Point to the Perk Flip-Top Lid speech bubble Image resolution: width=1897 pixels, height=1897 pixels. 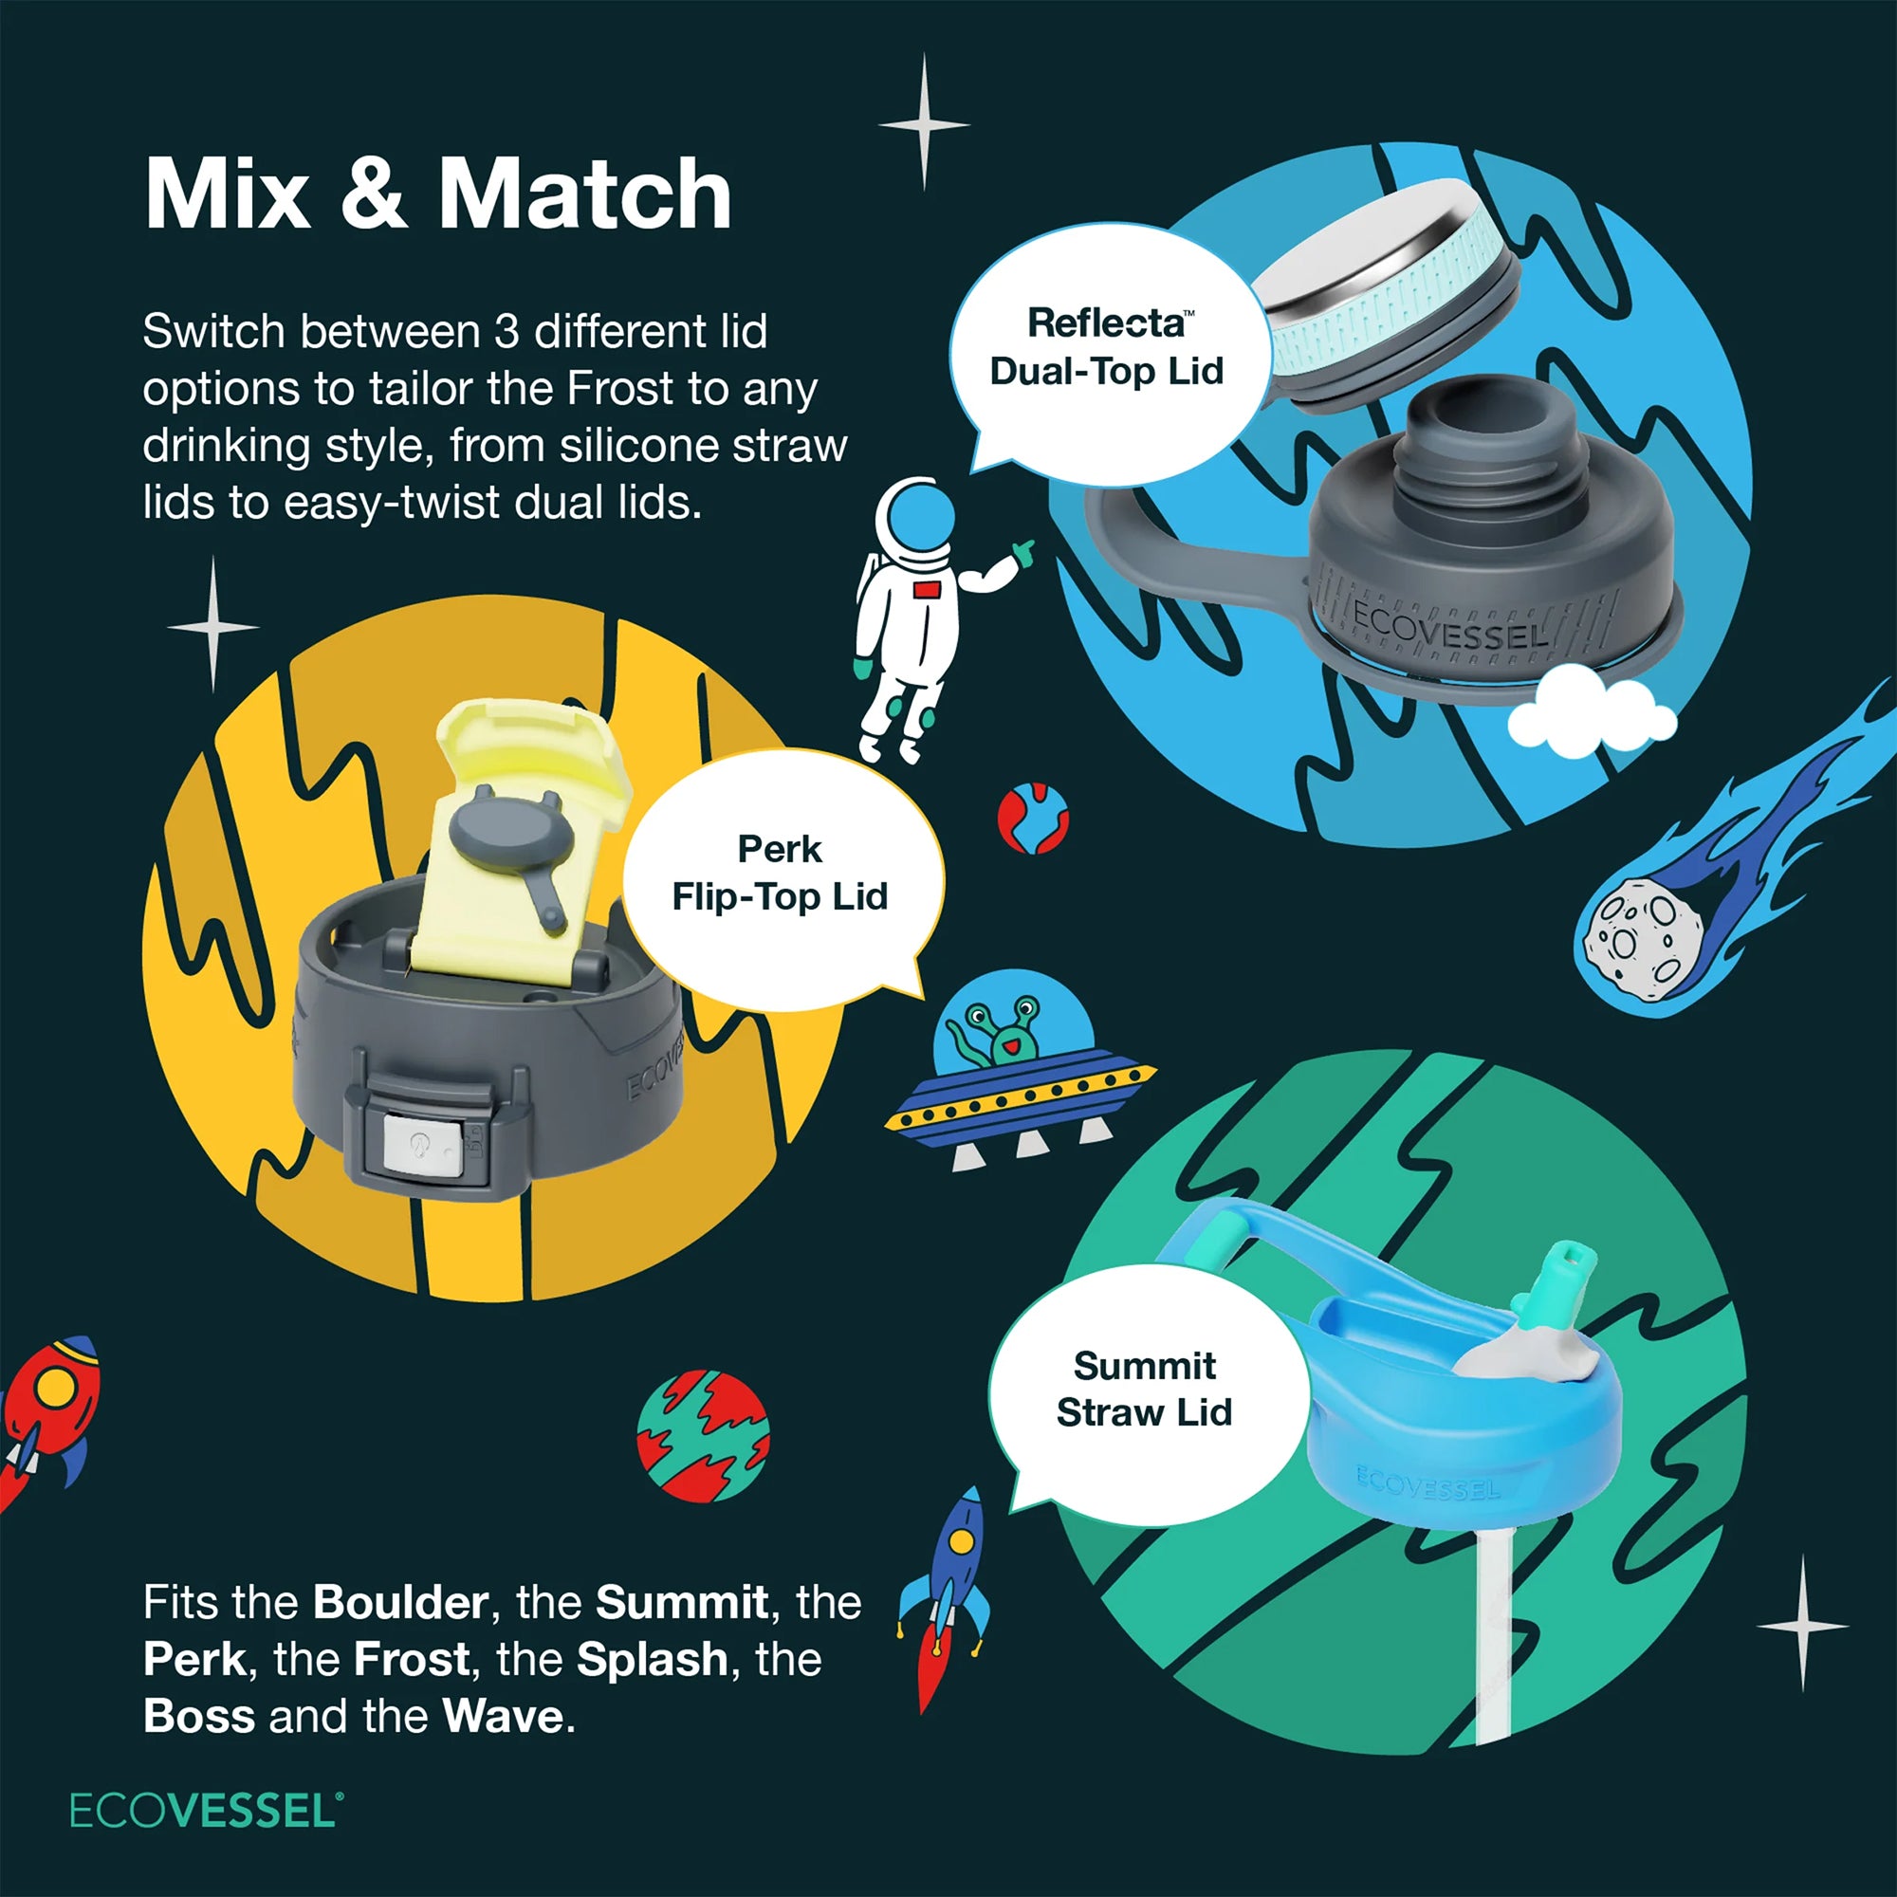(781, 874)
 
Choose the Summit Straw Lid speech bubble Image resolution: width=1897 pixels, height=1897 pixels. (1145, 1390)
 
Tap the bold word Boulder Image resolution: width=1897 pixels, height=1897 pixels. (400, 1602)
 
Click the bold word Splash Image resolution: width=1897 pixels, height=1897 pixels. (652, 1659)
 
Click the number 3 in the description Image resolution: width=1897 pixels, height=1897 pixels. (506, 332)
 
